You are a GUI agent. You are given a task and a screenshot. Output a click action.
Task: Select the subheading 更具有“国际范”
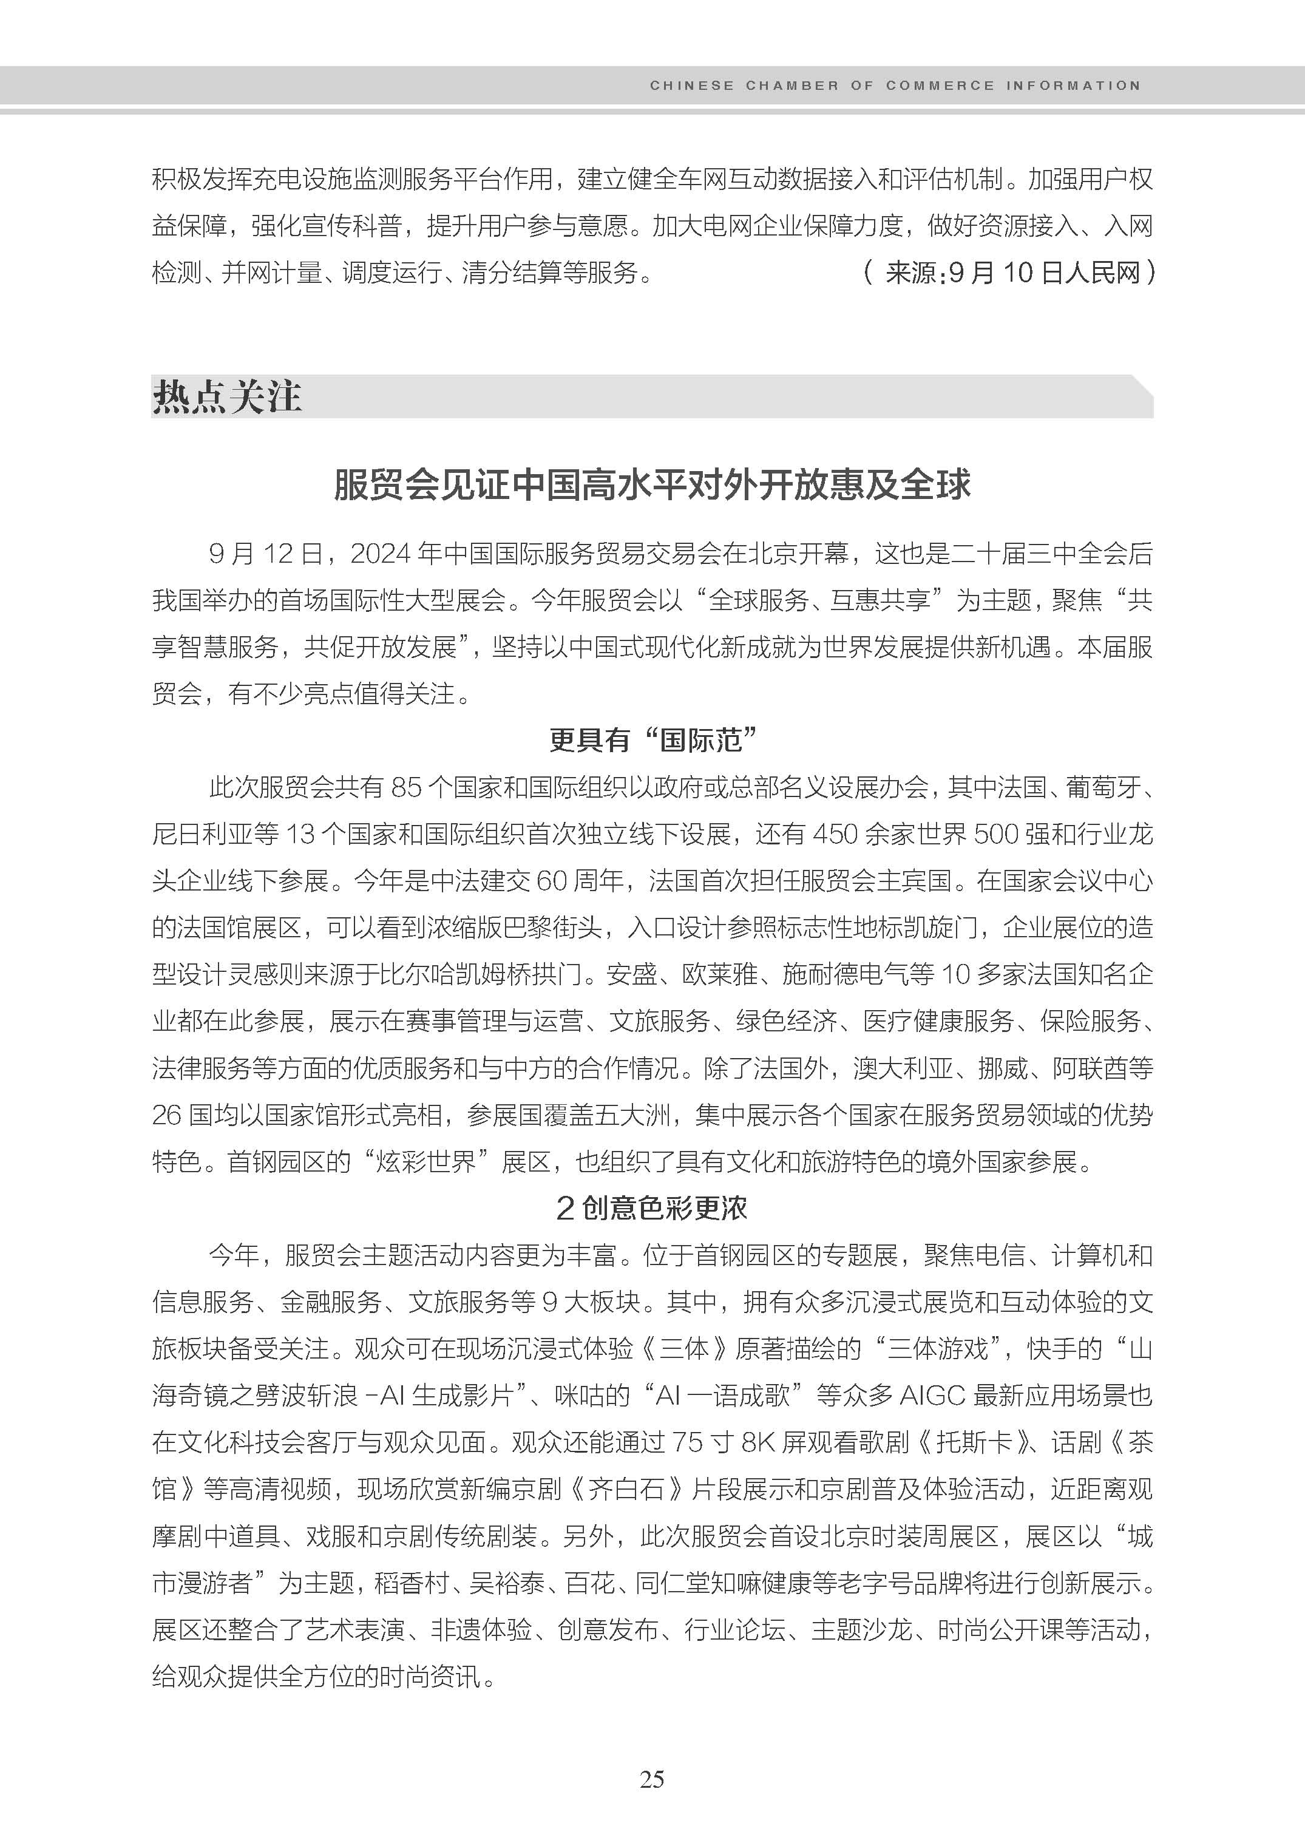tap(653, 739)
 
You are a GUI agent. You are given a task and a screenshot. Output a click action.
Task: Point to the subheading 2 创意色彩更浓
tap(652, 1208)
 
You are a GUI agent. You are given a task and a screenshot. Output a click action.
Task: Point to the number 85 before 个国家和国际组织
tap(406, 788)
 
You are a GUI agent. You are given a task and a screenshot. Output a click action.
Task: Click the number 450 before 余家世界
tap(836, 834)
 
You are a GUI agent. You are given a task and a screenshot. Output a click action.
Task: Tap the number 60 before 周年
tap(551, 881)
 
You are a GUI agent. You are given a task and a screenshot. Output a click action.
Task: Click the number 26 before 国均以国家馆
tap(166, 1115)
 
